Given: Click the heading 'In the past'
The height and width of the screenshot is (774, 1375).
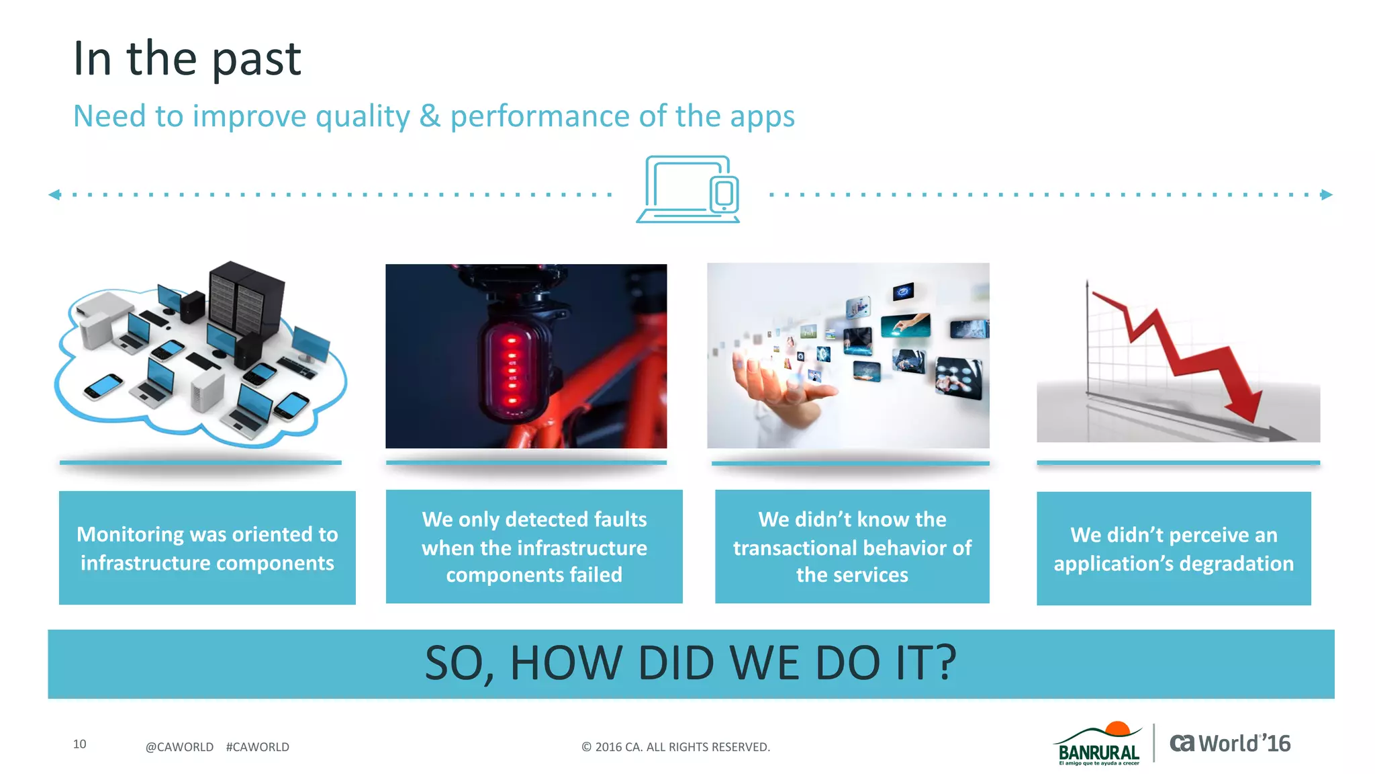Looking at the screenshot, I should pos(187,58).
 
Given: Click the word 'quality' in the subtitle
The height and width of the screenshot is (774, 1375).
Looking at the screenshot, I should pos(363,116).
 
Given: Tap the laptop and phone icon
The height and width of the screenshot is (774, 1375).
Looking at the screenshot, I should pos(688,189).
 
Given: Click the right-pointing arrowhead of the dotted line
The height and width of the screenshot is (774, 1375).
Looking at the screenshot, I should pos(1327,195).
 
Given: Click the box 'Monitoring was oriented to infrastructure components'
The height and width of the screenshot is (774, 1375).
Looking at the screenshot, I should pos(207,548).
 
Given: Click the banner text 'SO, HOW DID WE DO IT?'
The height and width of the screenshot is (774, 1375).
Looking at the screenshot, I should pos(690,663).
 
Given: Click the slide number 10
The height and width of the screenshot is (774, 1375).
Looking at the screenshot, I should pos(79,744).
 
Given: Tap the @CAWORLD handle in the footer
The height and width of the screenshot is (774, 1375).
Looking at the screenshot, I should pos(179,747).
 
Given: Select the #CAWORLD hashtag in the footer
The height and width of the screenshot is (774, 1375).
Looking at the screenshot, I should pos(257,747).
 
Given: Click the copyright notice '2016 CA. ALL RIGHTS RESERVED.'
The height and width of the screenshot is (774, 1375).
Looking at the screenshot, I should pos(675,747).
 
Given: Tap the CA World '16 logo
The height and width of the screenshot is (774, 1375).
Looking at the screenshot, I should pos(1229,744).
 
